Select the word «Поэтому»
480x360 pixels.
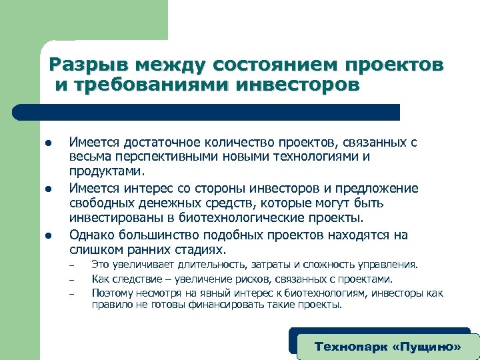pyautogui.click(x=112, y=293)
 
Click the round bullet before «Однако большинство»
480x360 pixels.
pyautogui.click(x=49, y=235)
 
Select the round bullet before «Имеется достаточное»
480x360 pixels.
pyautogui.click(x=49, y=143)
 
